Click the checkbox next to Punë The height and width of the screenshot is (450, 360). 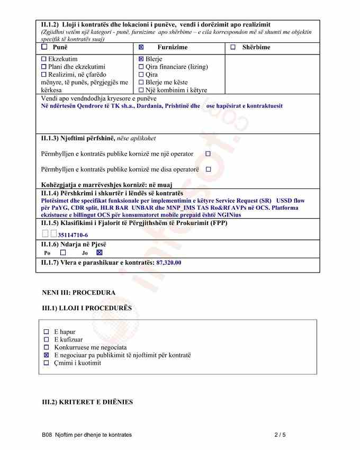coord(44,47)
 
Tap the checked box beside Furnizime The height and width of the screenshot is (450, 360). coord(141,47)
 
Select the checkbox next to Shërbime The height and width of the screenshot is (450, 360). coord(233,47)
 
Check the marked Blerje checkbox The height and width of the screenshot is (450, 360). coord(141,59)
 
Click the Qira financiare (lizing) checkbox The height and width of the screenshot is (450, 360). coord(141,67)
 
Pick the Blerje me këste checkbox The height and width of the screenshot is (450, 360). coord(141,82)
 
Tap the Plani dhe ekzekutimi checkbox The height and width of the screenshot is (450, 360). coord(44,67)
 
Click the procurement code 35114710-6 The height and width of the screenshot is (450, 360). coord(73,235)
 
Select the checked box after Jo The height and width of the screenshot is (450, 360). coord(99,253)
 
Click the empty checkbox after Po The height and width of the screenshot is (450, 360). coord(63,253)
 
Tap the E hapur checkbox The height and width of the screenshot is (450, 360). coord(47,332)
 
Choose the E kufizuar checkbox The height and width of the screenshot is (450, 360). coord(47,339)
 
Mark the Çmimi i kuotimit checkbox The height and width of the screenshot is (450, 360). coord(47,363)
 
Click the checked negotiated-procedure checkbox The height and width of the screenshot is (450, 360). coord(47,355)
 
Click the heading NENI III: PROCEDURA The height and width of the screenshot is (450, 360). coord(78,292)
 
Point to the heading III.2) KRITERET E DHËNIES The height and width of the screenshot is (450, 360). coord(87,402)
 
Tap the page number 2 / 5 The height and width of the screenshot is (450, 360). coord(280,435)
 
